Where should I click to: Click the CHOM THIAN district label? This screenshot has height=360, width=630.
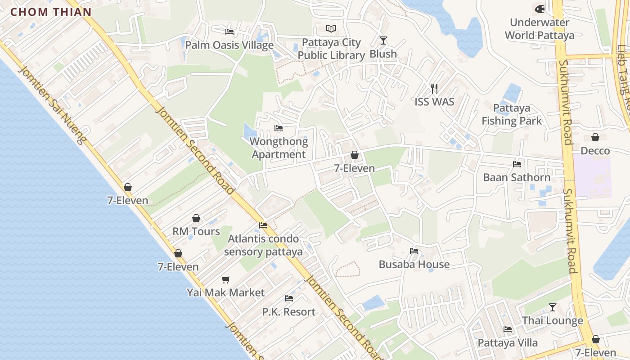coord(51,12)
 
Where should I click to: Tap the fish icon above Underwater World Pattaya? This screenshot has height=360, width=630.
coord(539,9)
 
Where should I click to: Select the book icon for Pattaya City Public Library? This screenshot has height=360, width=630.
coord(331,29)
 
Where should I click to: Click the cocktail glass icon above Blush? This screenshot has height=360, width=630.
coord(383,40)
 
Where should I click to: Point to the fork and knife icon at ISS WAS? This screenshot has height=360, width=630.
coord(434,88)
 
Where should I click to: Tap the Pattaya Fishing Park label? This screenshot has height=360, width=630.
coord(512,114)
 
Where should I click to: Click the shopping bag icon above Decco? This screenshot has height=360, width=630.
coord(595,137)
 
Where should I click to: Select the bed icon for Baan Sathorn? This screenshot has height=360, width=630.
coord(517,164)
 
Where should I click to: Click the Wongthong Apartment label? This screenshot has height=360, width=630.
coord(279,148)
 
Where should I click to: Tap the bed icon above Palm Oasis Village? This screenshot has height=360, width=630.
coord(229,31)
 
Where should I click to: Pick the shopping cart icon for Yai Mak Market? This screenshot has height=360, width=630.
coord(226,279)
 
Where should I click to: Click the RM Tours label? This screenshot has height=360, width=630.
coord(196,231)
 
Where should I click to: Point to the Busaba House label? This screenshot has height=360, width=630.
coord(414,264)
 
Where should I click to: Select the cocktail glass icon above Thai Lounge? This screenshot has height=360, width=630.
coord(552,307)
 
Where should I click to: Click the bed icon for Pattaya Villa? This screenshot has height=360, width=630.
coord(508,329)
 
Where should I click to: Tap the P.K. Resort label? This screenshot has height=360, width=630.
coord(289,311)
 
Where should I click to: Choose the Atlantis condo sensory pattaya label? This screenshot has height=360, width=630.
coord(263,245)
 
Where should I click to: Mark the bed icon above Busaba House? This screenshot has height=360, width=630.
coord(414,251)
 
